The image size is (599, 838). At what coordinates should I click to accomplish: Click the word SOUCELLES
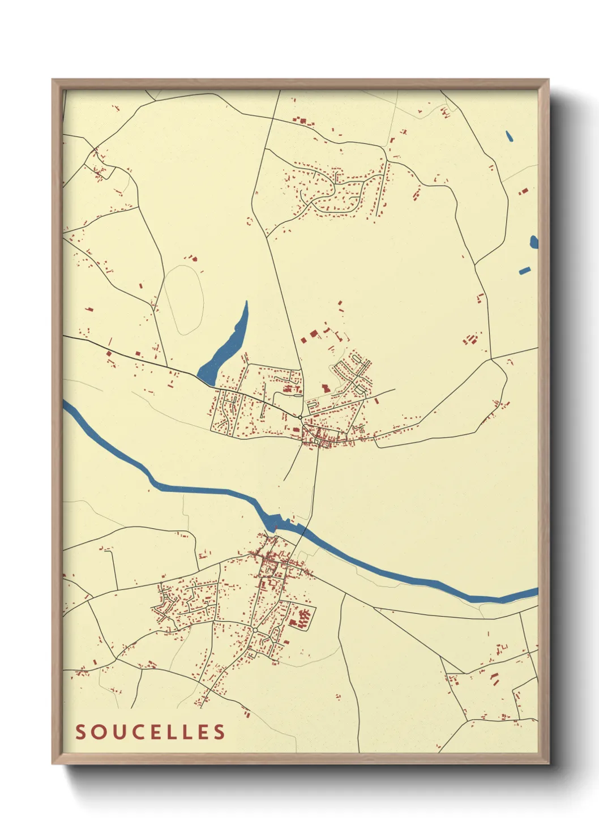coord(151,732)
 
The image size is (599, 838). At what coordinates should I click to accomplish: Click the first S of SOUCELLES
coord(82,732)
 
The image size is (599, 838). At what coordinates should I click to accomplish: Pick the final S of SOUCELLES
coord(219,732)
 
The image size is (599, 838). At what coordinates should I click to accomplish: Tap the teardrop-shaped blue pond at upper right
coord(509,136)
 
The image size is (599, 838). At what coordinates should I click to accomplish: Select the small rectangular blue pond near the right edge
coord(525,270)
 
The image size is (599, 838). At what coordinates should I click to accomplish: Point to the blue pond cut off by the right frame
coord(534,242)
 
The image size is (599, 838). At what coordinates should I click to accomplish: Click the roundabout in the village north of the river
coord(299,417)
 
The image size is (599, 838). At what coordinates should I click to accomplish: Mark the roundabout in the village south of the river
coord(255,630)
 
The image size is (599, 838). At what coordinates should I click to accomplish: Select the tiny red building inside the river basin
coord(276,529)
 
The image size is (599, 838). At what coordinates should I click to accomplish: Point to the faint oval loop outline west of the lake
coord(185,300)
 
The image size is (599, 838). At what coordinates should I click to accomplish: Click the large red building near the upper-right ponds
coord(524,191)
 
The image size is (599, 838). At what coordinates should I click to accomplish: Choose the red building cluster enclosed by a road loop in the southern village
coord(302,618)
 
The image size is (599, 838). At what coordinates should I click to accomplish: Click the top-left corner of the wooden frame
coord(53,80)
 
